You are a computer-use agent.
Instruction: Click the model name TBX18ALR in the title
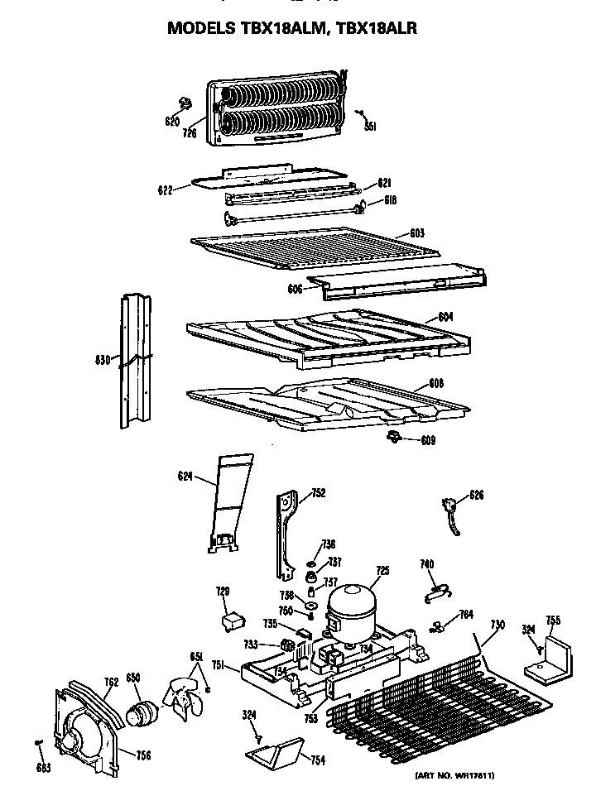(377, 28)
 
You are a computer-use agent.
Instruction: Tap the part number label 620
(171, 122)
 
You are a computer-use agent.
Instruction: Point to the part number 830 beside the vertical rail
(103, 359)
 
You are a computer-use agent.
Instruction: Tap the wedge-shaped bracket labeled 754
(272, 754)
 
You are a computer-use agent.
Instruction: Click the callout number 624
(186, 477)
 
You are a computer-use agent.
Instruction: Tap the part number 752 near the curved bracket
(318, 493)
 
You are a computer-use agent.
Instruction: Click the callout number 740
(427, 564)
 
